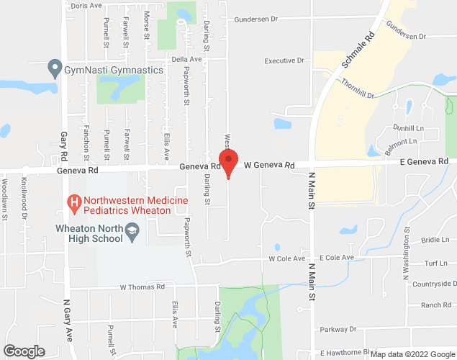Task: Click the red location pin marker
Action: [228, 163]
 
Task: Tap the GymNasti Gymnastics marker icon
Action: [54, 70]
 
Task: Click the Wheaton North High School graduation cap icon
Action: [131, 230]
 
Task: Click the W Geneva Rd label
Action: [269, 166]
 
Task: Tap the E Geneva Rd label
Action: [424, 163]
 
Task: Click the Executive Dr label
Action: [284, 61]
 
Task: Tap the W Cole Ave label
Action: [287, 258]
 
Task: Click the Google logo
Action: [23, 351]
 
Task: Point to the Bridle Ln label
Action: [435, 240]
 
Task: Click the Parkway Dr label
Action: [338, 329]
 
